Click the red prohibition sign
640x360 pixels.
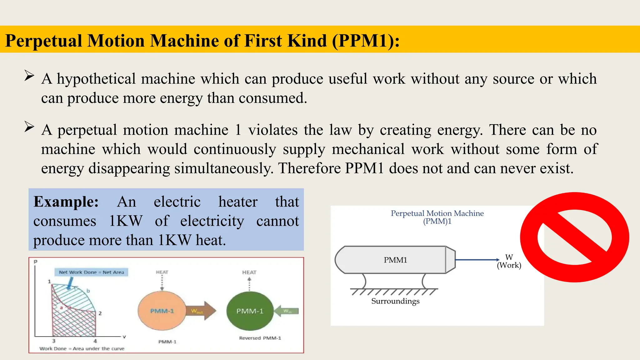tap(574, 237)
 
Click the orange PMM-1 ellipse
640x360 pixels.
tap(162, 311)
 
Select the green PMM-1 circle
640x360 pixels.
tap(250, 311)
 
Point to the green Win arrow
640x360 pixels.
tap(287, 311)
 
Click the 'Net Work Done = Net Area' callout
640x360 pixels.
tap(91, 272)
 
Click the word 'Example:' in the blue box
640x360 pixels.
tap(66, 202)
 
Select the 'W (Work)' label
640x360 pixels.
tap(509, 261)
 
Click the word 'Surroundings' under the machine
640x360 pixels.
tap(395, 301)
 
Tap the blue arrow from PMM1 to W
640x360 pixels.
tap(477, 259)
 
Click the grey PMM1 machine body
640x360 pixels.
tap(395, 260)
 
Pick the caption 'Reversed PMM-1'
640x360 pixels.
tap(260, 338)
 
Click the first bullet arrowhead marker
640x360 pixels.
tap(29, 76)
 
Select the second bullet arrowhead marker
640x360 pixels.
tap(29, 127)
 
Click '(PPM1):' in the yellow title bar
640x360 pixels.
tap(366, 41)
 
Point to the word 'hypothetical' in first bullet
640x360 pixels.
tap(96, 79)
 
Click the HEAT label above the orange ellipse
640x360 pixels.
tap(162, 272)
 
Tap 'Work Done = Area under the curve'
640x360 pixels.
tap(82, 348)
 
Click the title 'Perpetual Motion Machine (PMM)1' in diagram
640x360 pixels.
tap(437, 217)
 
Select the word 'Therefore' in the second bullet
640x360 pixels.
tap(309, 168)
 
